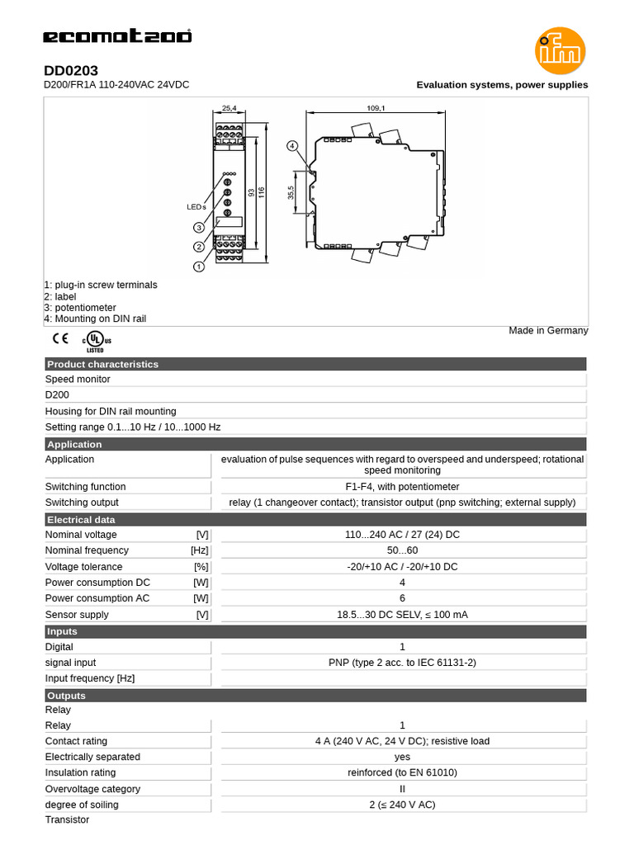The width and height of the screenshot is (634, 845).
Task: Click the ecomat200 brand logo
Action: click(117, 36)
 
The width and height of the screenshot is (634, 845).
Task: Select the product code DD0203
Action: click(71, 72)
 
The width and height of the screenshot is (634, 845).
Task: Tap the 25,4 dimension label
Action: click(229, 107)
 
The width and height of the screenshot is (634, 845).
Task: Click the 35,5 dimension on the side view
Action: click(291, 192)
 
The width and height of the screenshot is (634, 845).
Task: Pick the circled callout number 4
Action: click(292, 145)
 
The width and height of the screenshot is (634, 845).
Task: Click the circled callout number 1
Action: click(199, 267)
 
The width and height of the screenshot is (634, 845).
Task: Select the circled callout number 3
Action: click(199, 228)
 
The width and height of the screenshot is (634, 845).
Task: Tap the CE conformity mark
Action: click(60, 338)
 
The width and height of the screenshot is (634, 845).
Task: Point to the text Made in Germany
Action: click(548, 331)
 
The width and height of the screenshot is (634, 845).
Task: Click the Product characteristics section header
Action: click(102, 364)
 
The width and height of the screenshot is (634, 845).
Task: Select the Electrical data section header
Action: click(81, 520)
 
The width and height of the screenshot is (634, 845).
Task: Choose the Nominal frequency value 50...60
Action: click(402, 550)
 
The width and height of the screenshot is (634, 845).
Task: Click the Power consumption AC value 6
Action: click(402, 598)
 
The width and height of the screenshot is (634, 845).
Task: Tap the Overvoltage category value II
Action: click(402, 789)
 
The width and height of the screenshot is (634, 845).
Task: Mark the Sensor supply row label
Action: click(77, 614)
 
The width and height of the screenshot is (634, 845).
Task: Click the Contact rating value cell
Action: click(402, 741)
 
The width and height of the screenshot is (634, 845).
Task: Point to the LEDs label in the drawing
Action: click(196, 207)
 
